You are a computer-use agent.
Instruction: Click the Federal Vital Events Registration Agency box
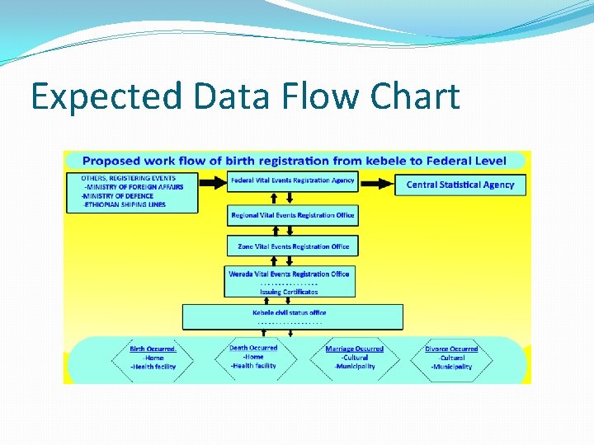[292, 181]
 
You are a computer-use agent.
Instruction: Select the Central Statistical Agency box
[460, 185]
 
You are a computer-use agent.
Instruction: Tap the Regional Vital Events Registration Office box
[292, 215]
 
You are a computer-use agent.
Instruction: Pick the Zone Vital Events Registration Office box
[293, 246]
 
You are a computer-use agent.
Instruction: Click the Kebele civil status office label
[289, 313]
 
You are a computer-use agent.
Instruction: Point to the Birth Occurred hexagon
[153, 358]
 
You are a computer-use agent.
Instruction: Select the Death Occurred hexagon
[253, 357]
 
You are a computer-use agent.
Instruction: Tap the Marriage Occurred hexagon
[354, 358]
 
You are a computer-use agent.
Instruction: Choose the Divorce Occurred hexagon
[451, 358]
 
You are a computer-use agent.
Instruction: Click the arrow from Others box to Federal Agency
[212, 181]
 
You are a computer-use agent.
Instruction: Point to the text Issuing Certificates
[289, 292]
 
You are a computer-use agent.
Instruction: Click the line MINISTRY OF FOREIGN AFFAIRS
[134, 187]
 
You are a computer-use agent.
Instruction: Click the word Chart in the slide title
[415, 96]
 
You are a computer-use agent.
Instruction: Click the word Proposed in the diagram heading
[116, 162]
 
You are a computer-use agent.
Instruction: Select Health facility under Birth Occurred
[153, 367]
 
